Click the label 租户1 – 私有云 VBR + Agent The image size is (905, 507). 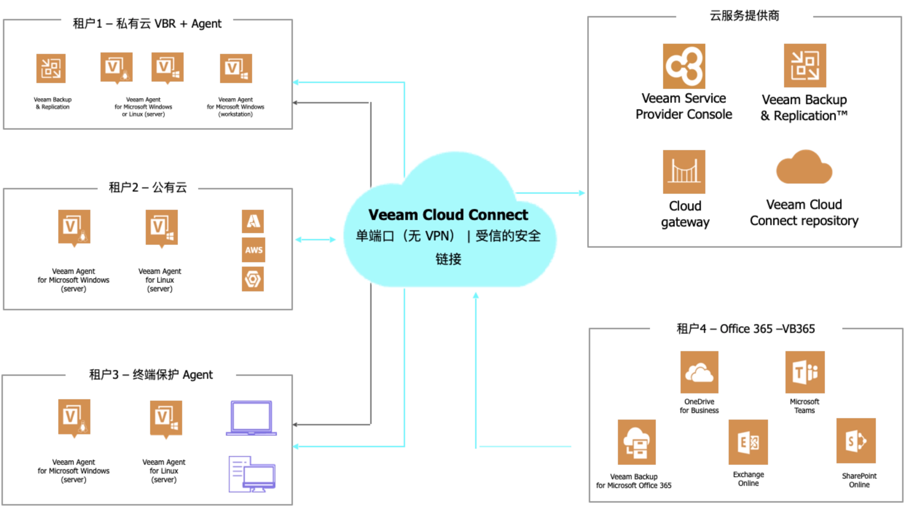147,24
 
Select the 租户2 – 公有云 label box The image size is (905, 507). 148,188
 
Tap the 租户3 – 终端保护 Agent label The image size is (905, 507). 151,374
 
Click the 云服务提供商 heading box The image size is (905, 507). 744,16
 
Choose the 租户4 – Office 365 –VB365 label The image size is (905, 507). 745,329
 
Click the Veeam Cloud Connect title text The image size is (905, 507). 448,215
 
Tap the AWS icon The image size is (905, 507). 254,250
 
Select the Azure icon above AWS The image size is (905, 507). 253,221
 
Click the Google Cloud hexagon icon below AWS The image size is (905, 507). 252,280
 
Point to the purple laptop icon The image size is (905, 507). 251,418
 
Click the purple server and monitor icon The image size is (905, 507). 252,474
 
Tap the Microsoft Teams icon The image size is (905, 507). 806,373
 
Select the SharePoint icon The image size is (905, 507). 855,441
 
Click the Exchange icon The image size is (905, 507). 747,441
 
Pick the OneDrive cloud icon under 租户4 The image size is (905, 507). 699,373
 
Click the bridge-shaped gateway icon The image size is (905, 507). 685,172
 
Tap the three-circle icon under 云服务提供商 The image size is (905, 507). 685,66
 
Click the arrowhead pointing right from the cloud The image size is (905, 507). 582,192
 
